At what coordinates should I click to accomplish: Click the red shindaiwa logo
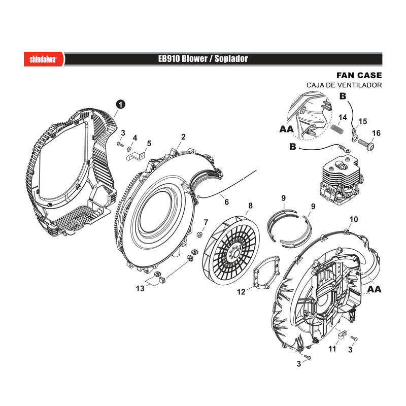(x=44, y=59)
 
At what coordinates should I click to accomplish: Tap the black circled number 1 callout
(x=120, y=105)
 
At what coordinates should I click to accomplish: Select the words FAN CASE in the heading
(x=359, y=75)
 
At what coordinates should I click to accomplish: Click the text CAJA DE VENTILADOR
(x=344, y=85)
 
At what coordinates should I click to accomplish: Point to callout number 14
(x=343, y=118)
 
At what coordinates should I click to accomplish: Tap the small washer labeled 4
(x=129, y=149)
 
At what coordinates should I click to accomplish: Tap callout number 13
(x=140, y=288)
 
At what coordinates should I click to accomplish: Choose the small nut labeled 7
(x=199, y=234)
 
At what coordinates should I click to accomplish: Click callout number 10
(x=354, y=219)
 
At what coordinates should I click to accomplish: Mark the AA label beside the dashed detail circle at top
(x=286, y=129)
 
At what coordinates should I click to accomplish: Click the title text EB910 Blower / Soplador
(x=203, y=59)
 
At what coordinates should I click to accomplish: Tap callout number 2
(x=183, y=137)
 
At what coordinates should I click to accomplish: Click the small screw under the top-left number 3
(x=120, y=144)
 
